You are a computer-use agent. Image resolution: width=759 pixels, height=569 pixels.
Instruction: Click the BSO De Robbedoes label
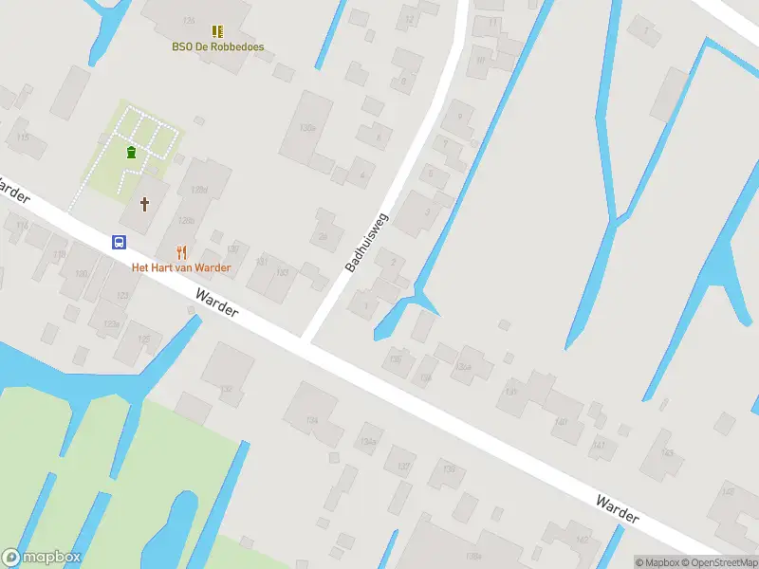coord(218,46)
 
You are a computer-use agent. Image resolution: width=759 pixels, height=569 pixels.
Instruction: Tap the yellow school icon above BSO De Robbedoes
coord(218,31)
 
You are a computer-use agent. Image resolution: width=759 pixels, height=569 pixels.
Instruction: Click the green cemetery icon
coord(131,152)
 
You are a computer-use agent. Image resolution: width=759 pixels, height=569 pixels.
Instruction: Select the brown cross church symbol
coord(145,203)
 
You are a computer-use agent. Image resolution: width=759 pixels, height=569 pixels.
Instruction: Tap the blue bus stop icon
coord(120,242)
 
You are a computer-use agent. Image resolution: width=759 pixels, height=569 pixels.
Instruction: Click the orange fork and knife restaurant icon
coord(181,251)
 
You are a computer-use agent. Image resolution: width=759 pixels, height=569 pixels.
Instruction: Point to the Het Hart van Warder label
coord(181,267)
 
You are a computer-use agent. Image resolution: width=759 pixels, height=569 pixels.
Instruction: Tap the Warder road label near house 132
coord(217,305)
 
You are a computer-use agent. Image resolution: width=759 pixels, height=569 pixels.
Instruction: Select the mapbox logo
coord(42,558)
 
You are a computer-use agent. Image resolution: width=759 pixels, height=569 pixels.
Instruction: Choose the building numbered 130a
coord(306,128)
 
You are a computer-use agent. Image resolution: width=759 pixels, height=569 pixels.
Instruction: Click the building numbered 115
coord(24,138)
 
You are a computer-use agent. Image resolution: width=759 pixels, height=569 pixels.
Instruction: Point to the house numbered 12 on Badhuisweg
coord(410,19)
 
